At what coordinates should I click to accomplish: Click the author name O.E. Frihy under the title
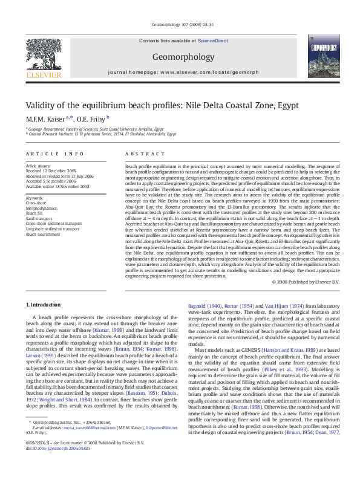click(x=90, y=118)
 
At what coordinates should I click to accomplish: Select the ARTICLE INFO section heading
click(x=55, y=155)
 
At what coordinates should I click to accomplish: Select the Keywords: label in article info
click(x=34, y=198)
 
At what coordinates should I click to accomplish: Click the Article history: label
click(x=39, y=166)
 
